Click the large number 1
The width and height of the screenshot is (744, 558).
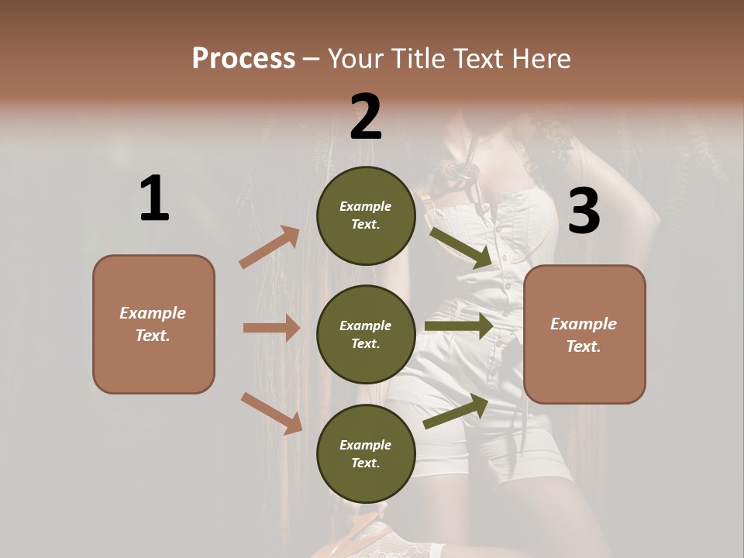click(154, 198)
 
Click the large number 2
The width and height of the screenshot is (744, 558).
click(366, 116)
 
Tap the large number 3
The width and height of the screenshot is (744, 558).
click(584, 212)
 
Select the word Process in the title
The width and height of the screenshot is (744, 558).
click(243, 58)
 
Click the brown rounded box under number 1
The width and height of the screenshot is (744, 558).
click(153, 324)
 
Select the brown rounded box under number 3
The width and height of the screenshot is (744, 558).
click(584, 334)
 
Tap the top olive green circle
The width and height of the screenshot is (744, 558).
click(366, 215)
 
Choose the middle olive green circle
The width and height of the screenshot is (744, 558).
click(366, 334)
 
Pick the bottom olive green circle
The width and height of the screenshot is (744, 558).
click(366, 453)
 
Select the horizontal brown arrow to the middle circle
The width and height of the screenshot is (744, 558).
click(271, 328)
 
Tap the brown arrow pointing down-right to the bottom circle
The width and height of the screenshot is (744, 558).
click(271, 413)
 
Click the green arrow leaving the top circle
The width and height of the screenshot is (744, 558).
click(461, 247)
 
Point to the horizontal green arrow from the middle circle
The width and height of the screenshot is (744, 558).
click(459, 326)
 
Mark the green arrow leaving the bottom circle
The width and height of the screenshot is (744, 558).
click(456, 412)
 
